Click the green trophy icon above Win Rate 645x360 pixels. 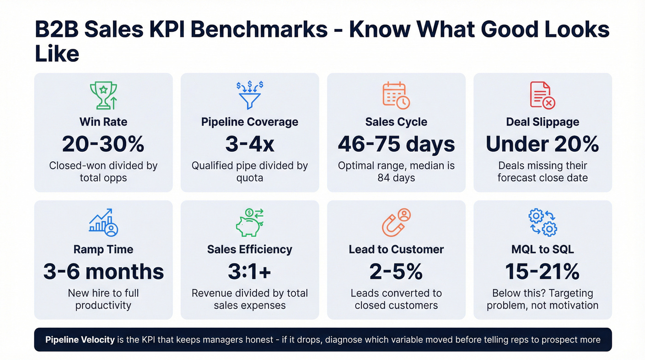pos(103,95)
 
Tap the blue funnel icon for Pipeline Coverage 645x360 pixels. pos(249,95)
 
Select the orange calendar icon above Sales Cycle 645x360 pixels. pos(396,95)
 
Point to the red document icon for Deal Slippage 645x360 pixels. pos(542,95)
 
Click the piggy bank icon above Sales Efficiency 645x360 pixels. pos(249,222)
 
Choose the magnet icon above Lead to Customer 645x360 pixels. pos(396,222)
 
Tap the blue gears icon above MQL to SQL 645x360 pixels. pos(542,222)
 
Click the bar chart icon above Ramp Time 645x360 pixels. pos(103,222)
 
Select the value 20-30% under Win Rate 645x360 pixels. pos(103,144)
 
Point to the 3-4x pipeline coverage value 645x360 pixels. pos(250,144)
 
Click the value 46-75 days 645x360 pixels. pos(396,144)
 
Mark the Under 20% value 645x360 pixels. pos(542,144)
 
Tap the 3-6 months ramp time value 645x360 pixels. pos(103,271)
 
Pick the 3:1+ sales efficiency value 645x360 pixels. pos(250,271)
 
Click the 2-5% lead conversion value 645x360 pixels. pos(396,271)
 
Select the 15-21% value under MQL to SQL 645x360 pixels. pos(542,271)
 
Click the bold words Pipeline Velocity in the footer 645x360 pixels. pos(80,340)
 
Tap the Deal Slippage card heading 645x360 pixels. pos(542,122)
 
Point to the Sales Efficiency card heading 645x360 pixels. pos(250,249)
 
